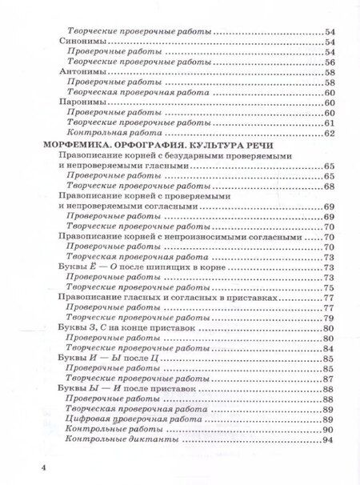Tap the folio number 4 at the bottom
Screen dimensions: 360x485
point(32,465)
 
